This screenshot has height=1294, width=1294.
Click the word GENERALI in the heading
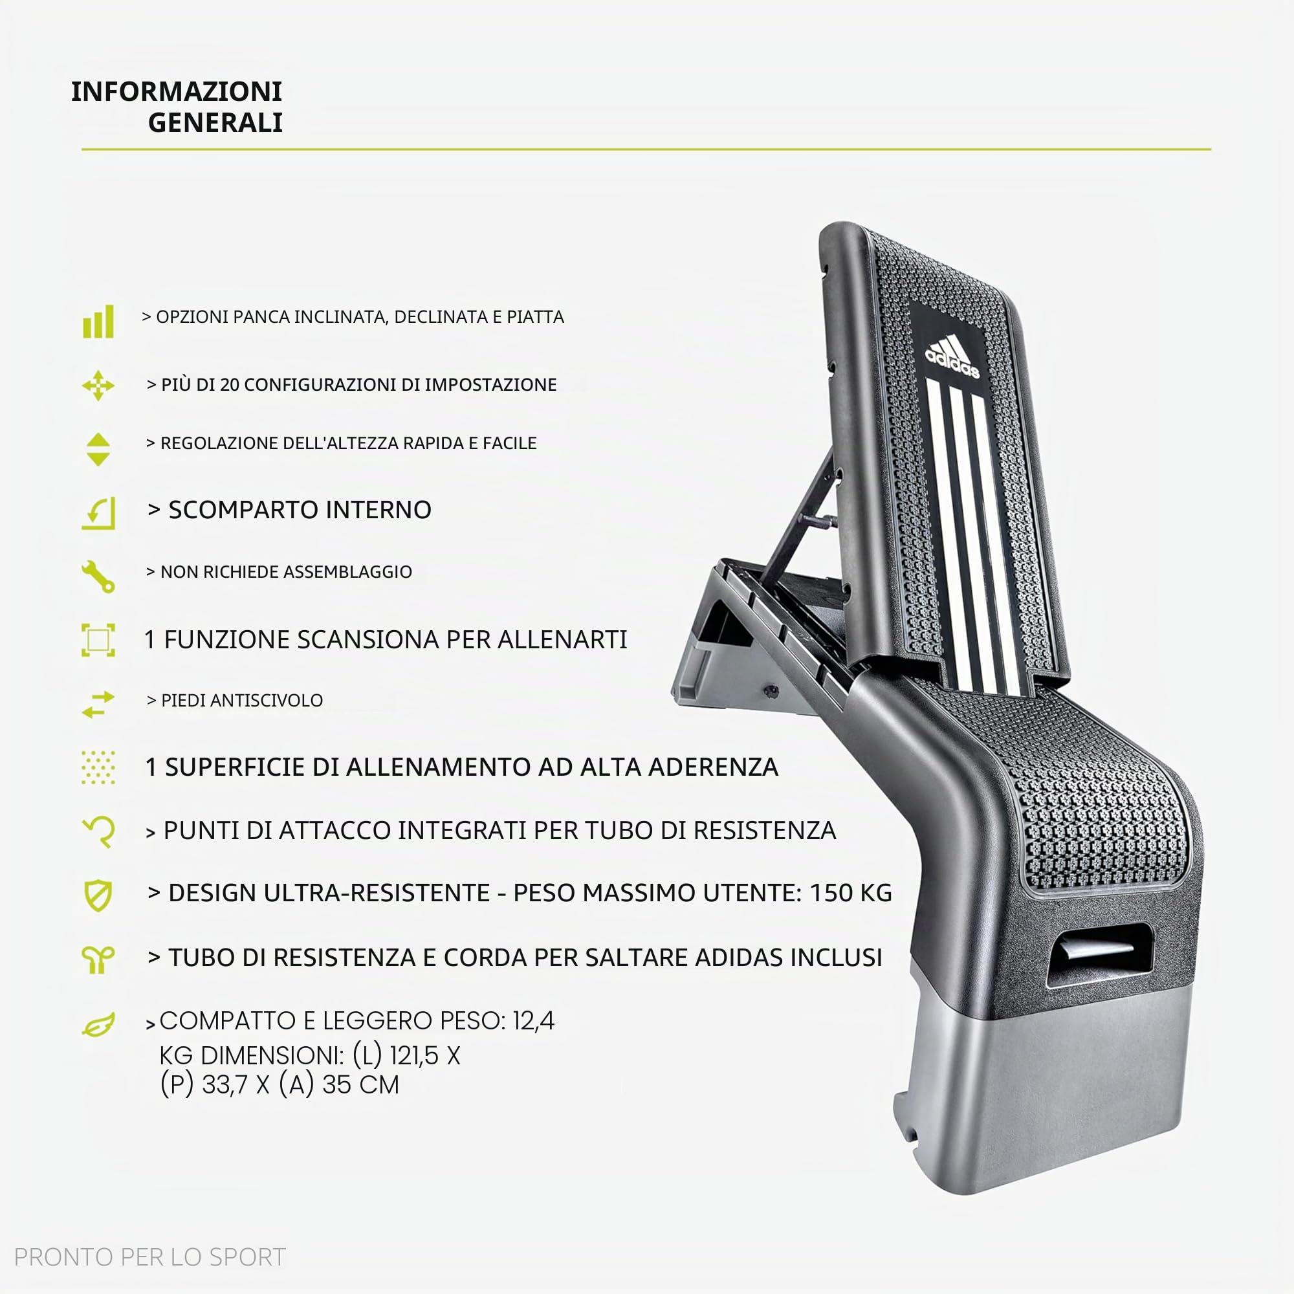click(215, 122)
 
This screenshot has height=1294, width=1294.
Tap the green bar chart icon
click(98, 322)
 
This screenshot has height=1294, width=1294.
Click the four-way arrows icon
click(98, 385)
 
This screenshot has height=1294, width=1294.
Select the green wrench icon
click(98, 576)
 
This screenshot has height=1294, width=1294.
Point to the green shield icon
click(98, 895)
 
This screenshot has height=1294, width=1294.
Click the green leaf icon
click(98, 1025)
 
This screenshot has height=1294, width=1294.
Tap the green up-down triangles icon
click(98, 450)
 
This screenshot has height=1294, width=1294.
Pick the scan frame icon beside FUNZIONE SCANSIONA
click(98, 640)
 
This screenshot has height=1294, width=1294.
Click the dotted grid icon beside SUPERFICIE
click(98, 767)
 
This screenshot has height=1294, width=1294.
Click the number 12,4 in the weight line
click(534, 1021)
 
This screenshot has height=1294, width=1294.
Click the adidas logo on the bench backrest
click(952, 357)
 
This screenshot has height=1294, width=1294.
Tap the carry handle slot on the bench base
click(1099, 954)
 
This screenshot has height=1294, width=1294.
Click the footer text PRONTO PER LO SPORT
click(150, 1257)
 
